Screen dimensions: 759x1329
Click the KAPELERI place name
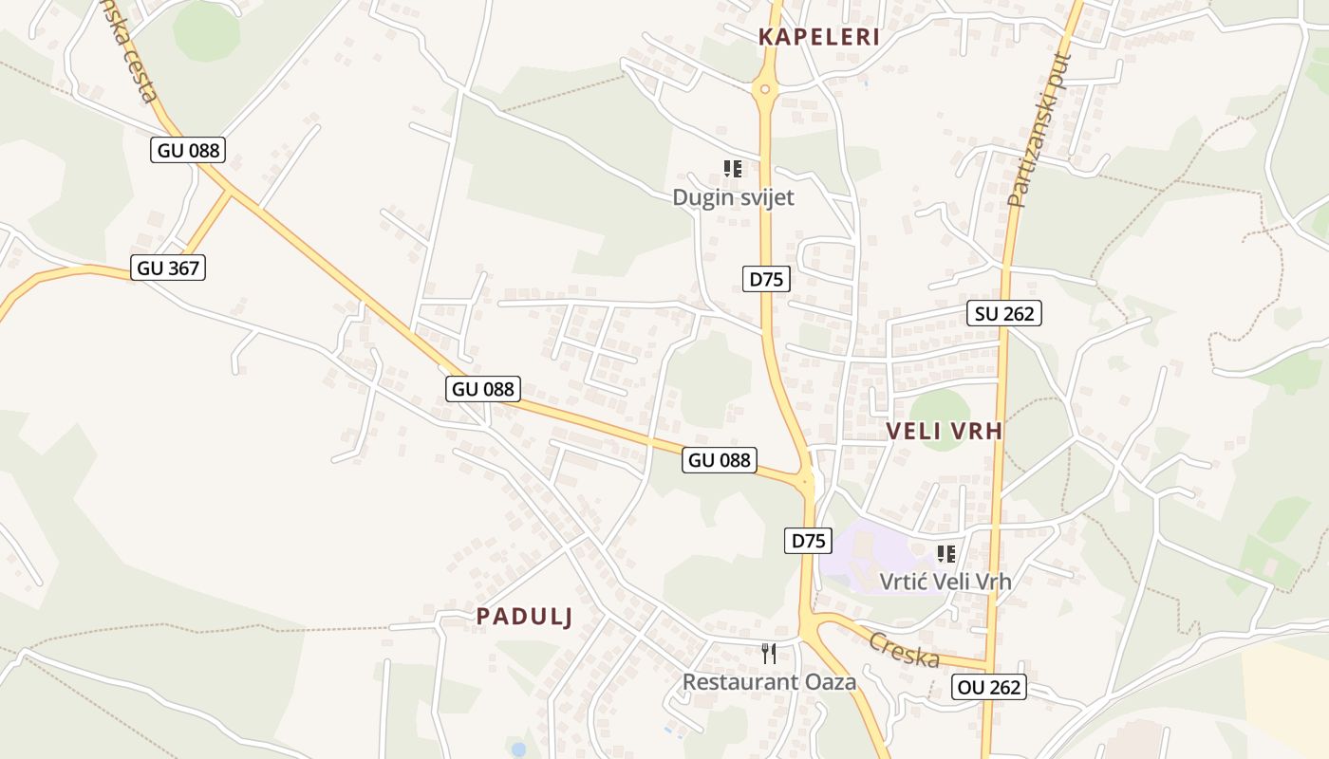[x=818, y=38]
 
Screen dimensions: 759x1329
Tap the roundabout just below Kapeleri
[x=764, y=89]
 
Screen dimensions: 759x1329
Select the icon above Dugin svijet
[x=732, y=169]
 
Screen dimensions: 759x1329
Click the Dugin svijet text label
[x=733, y=197]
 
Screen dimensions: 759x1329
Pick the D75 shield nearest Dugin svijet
[x=766, y=279]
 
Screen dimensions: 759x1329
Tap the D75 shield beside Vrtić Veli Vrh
[x=808, y=541]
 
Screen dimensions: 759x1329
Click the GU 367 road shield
[x=169, y=268]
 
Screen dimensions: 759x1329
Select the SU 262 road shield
[x=1004, y=313]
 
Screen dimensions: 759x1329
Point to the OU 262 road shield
[x=989, y=687]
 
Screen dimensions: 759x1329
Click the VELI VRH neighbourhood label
[x=944, y=431]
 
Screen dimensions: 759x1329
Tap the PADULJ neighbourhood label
[x=524, y=617]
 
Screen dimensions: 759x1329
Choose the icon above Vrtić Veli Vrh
[x=945, y=553]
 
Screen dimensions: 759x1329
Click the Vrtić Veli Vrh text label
[x=945, y=582]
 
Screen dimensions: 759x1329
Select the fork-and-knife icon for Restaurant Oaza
[x=769, y=653]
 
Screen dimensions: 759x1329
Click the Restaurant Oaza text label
[x=769, y=681]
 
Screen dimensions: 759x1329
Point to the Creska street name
[x=904, y=649]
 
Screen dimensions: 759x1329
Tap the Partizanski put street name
[x=1039, y=131]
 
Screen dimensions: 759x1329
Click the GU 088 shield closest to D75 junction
[x=720, y=461]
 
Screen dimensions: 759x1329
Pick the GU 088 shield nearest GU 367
[x=188, y=150]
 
